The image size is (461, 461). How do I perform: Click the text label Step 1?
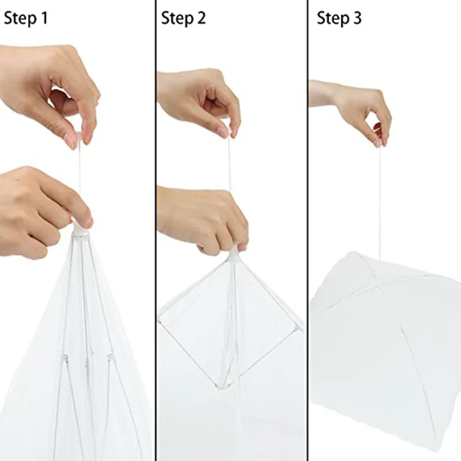(26, 18)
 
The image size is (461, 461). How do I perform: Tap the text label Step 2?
(183, 18)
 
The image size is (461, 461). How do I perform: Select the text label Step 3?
(339, 18)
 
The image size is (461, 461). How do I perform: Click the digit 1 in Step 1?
(43, 18)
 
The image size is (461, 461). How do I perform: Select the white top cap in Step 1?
(80, 229)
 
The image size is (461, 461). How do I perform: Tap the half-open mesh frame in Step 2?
(231, 323)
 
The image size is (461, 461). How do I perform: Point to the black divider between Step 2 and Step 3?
(308, 231)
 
